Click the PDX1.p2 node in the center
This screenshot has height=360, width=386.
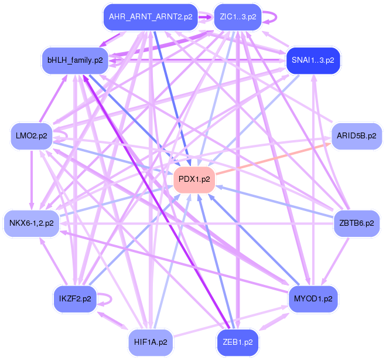[x=194, y=179]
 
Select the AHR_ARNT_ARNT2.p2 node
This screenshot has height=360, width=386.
[x=151, y=17]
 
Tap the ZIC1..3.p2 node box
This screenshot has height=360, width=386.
[x=238, y=17]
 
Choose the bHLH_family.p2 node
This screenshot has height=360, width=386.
[x=75, y=60]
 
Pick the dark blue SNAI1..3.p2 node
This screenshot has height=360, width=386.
[x=313, y=60]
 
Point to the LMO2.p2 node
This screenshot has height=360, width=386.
[x=32, y=135]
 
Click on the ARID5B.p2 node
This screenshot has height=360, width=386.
[x=356, y=135]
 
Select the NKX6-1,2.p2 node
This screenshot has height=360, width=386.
[x=32, y=223]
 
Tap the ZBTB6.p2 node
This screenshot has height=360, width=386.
[x=356, y=223]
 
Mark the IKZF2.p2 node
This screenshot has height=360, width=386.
[x=75, y=298]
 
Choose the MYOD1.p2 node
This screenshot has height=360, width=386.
[x=313, y=298]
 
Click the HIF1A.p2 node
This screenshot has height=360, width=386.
[x=151, y=341]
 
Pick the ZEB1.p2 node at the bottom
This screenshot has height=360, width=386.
[x=238, y=341]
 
